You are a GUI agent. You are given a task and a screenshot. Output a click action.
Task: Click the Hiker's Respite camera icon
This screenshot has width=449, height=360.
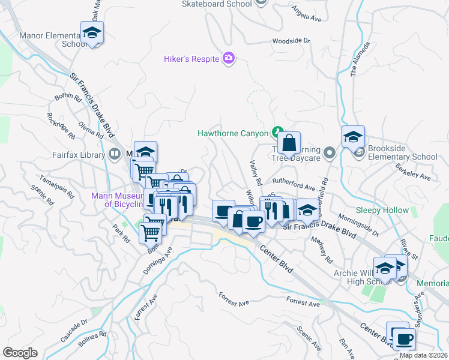[229, 58]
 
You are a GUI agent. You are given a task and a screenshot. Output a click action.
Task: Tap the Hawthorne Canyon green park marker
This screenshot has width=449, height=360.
[277, 131]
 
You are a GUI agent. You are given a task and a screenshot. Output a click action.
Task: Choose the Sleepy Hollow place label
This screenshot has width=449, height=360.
[382, 211]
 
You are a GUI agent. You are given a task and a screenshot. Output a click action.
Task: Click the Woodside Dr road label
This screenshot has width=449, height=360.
[291, 41]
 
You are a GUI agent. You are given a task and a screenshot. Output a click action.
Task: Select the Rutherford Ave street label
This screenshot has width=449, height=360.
[294, 180]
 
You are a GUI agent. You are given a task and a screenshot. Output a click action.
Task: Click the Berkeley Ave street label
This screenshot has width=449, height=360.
[418, 173]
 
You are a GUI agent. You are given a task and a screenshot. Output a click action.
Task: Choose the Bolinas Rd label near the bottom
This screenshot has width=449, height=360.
[92, 339]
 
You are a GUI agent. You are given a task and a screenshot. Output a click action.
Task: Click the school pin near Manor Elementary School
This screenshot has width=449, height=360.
[92, 33]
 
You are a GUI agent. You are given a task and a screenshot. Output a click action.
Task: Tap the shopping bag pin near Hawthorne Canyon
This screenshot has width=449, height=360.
[289, 144]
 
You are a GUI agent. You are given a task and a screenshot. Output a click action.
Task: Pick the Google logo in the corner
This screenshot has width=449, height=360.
[20, 352]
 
